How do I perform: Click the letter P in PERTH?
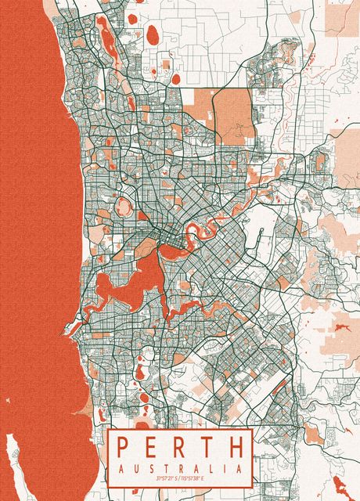[x=124, y=448]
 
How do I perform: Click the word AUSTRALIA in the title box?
[x=179, y=468]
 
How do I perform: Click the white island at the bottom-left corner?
[x=15, y=462]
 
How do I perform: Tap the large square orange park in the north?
[x=232, y=117]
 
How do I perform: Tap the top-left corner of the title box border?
[x=108, y=429]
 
